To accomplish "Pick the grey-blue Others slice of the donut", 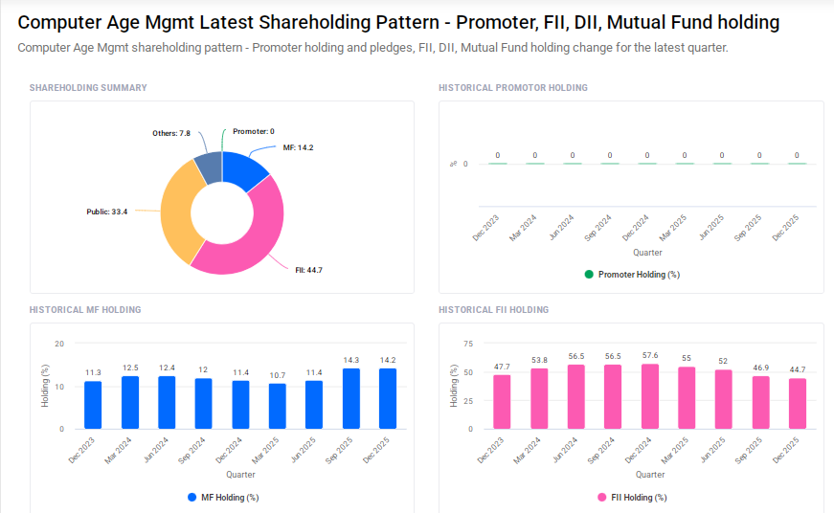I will (x=208, y=166).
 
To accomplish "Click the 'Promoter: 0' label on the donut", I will (x=253, y=131).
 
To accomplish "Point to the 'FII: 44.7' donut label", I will (x=308, y=270).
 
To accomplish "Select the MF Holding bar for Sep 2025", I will (x=351, y=398).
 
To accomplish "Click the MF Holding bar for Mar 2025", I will (x=278, y=406).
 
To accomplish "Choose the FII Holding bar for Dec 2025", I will (x=798, y=403).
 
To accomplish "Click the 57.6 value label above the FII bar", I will (x=650, y=356).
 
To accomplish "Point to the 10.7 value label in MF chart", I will (x=278, y=375).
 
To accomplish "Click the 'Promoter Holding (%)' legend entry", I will (x=631, y=275).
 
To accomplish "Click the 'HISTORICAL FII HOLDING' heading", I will (x=493, y=310).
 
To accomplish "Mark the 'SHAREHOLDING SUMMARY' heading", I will (x=88, y=88).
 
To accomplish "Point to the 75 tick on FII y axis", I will (x=468, y=344).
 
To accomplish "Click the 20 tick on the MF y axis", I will (x=59, y=344).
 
